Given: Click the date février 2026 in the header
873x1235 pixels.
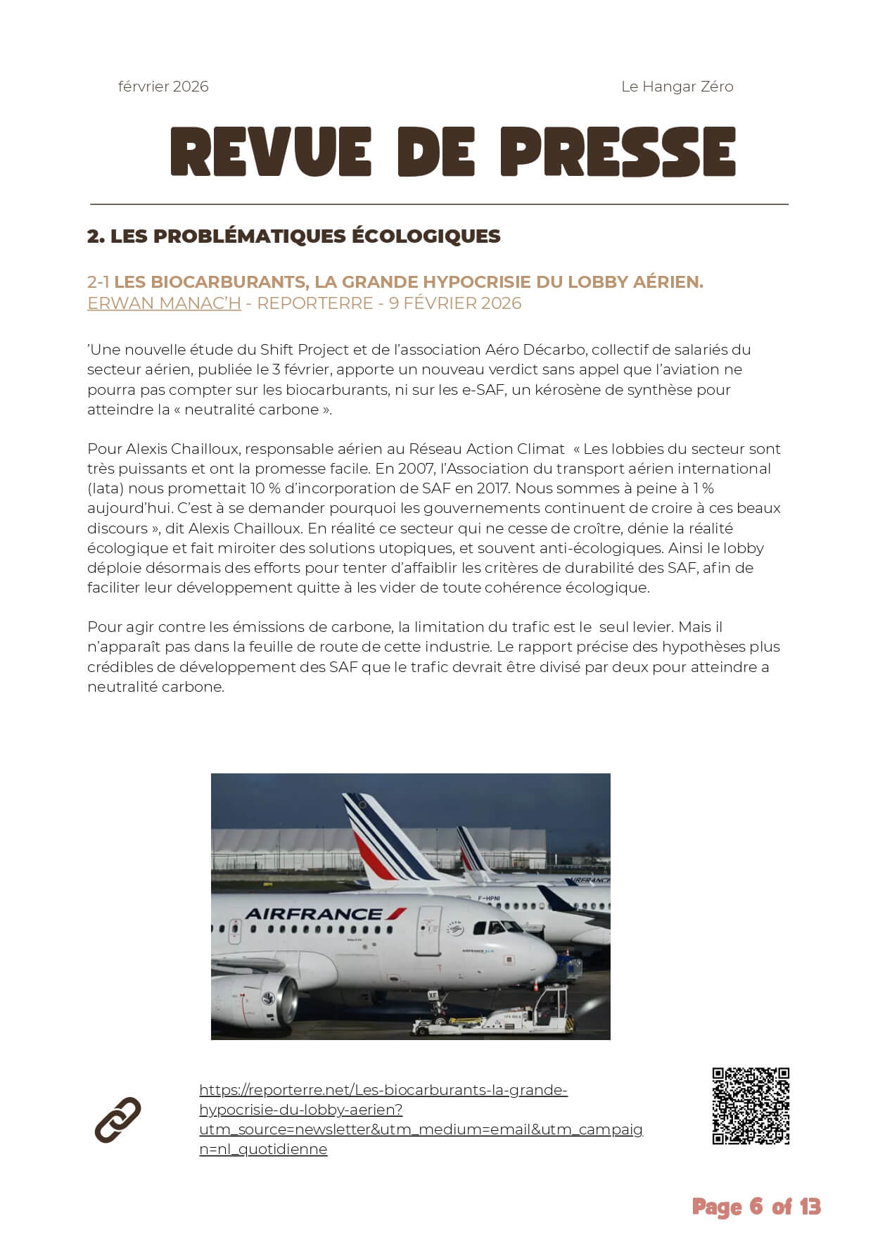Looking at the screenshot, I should click(163, 87).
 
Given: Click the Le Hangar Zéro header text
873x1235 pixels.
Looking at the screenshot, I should click(677, 87).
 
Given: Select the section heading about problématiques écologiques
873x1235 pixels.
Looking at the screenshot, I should click(293, 236).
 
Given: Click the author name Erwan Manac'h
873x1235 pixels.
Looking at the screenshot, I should click(164, 303).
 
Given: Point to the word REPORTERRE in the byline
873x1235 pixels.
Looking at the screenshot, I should click(314, 303).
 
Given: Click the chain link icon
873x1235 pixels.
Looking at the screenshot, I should click(117, 1119).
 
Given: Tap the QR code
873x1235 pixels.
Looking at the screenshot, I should click(751, 1106).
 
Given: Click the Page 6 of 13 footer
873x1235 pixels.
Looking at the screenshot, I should click(756, 1207).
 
